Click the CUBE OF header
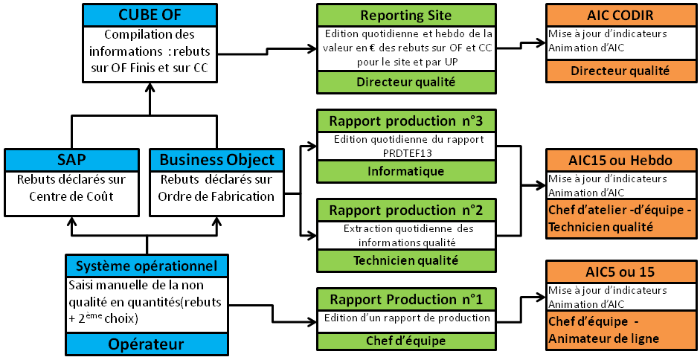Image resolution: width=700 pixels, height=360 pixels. point(150,15)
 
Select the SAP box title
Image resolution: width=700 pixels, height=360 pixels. point(71,160)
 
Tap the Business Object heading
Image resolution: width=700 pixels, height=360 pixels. point(216,160)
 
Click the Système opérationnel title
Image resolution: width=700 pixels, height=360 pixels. point(146,266)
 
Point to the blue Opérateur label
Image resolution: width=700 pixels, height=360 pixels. point(146,344)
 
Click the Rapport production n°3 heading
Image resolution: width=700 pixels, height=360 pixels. point(405,121)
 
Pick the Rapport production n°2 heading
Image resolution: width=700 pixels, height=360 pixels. point(405,210)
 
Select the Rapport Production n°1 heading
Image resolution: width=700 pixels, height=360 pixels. point(405,299)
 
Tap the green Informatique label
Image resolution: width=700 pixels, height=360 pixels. point(405,171)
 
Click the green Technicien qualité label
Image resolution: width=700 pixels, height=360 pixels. point(405,260)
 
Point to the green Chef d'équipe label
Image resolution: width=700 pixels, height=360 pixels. point(405,341)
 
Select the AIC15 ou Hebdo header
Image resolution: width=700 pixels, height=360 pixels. point(621,161)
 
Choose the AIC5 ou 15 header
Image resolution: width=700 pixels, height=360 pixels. point(621,271)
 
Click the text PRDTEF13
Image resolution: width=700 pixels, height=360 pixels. point(405,152)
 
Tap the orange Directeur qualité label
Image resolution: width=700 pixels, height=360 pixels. point(621,71)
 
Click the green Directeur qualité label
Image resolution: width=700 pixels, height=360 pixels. point(405,82)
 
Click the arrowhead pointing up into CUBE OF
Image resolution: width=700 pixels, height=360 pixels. point(150,87)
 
